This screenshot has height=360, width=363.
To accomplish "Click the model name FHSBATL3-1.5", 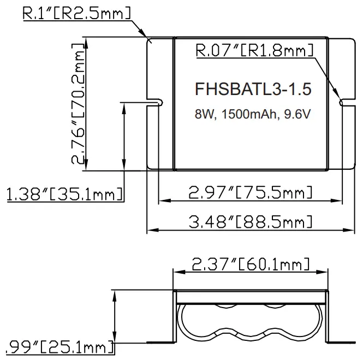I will (x=249, y=88).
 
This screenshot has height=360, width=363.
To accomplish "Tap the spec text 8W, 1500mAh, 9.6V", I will (x=249, y=115).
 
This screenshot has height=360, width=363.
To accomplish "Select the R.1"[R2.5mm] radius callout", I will (x=76, y=13).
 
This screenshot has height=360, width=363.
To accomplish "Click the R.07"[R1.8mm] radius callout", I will (x=254, y=51).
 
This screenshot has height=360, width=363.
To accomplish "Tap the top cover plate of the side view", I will (x=251, y=296).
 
